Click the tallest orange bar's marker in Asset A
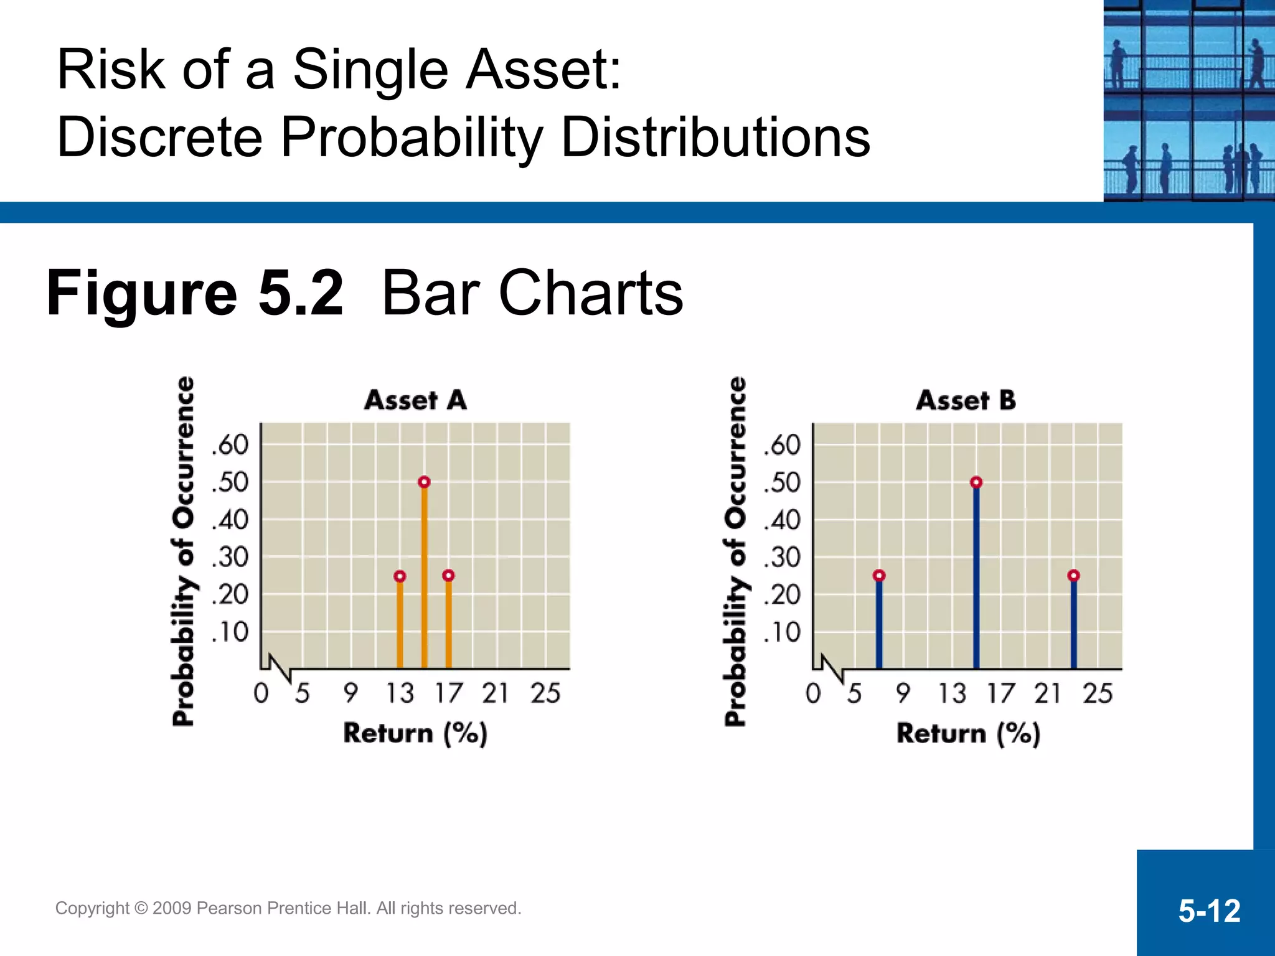[x=424, y=482]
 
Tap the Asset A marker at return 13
[x=400, y=576]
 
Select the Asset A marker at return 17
[x=448, y=576]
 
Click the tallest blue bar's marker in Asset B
[x=976, y=482]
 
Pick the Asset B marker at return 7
[x=878, y=576]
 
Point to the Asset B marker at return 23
[x=1073, y=576]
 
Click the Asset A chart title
[x=415, y=400]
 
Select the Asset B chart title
[x=966, y=400]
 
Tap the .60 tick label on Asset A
[x=230, y=445]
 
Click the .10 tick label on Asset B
[x=782, y=632]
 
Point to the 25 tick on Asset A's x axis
[x=545, y=693]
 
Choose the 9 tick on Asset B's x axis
[x=903, y=693]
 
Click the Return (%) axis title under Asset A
[x=415, y=733]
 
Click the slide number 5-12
[x=1209, y=911]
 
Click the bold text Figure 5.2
[x=195, y=293]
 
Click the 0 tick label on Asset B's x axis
[x=813, y=693]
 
